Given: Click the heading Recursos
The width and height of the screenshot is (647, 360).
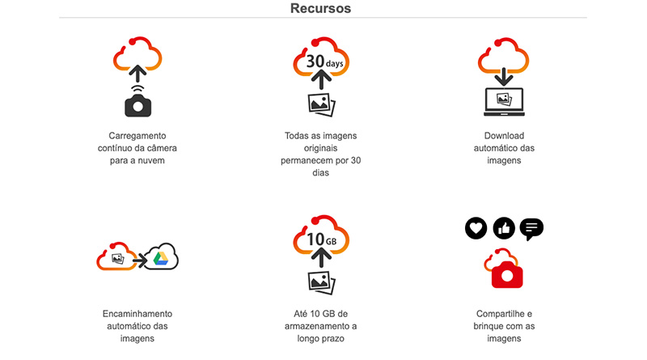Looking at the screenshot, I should click(321, 9).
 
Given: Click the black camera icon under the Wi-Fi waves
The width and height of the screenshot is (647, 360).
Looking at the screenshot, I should click(138, 104).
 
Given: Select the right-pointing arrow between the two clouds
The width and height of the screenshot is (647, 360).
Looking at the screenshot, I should click(138, 259).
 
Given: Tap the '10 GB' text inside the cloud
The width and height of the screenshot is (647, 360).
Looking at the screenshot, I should click(321, 240).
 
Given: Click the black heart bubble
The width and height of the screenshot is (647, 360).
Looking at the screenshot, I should click(477, 229).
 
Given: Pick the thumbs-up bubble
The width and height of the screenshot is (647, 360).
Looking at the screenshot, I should click(504, 229).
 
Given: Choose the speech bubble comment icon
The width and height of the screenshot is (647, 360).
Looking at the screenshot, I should click(531, 229).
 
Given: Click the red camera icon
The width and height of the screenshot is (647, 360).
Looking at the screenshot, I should click(508, 273).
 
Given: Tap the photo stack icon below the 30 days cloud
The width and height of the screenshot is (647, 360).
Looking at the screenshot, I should click(322, 104).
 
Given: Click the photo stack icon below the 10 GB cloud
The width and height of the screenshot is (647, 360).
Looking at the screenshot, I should click(322, 281).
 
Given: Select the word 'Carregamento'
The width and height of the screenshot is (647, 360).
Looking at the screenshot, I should click(138, 135).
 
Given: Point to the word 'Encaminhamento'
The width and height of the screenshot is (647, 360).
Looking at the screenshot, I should click(137, 313).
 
